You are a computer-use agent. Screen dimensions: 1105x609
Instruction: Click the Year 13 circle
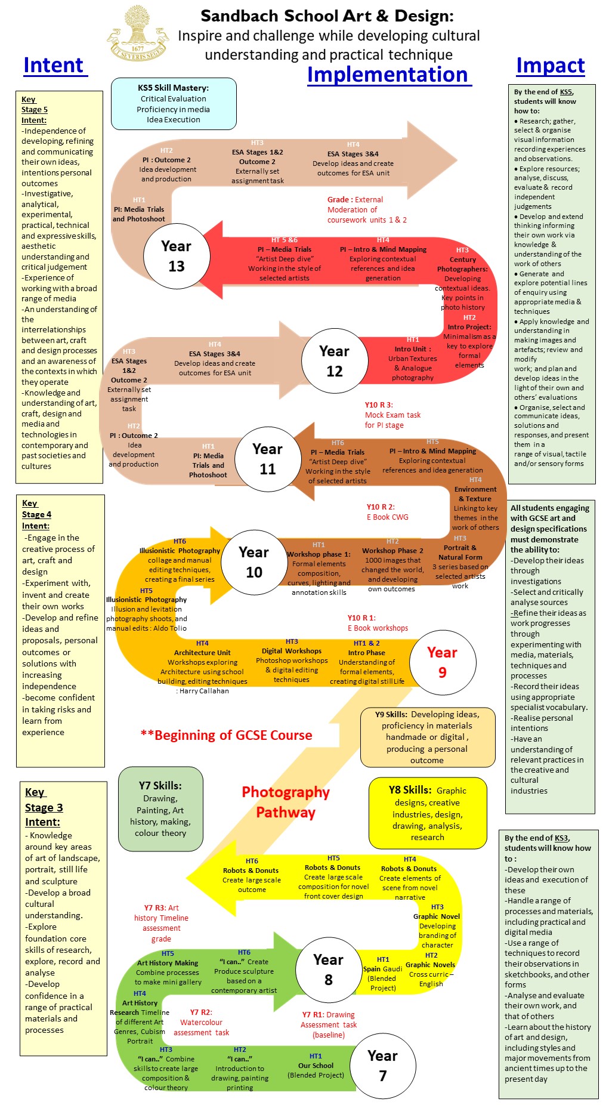point(177,256)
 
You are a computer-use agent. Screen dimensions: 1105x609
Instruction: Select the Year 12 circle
point(334,361)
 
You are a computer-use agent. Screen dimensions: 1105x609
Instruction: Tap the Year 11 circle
point(267,459)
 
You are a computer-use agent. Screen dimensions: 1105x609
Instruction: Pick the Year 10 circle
point(254,562)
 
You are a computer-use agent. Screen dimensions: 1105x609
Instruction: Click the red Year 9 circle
point(442,662)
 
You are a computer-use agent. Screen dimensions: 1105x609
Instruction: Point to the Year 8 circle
point(328,970)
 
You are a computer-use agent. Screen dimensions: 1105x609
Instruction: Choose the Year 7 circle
point(382,1066)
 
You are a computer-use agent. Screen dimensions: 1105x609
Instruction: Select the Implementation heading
point(388,75)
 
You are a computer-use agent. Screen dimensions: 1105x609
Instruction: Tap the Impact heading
point(550,65)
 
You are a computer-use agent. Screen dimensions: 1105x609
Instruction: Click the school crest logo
point(138,35)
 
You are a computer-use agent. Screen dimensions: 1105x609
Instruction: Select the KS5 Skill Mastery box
point(174,104)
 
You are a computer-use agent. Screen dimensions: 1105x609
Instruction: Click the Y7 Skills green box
point(160,809)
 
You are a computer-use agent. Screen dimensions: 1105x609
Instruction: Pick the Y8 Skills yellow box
point(428,813)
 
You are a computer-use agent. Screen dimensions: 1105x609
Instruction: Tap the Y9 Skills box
point(427,737)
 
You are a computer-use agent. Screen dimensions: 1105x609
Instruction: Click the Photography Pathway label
point(286,802)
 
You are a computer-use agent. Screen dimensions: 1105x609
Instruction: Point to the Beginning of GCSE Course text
point(227,735)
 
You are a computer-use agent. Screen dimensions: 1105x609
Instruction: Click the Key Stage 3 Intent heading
point(44,807)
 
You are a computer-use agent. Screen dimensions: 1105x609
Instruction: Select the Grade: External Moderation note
point(366,209)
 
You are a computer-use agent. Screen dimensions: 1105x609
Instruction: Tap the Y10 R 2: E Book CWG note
point(387,512)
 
